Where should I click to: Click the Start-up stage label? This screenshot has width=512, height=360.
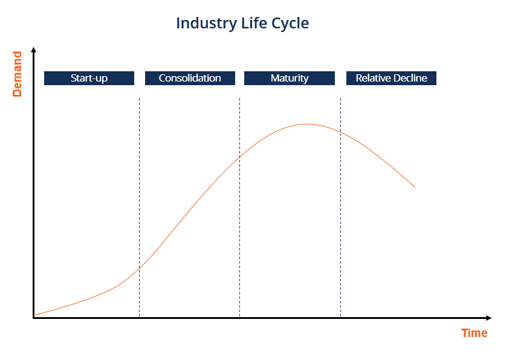coord(89,78)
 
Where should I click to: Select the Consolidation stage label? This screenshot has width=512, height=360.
coord(190,78)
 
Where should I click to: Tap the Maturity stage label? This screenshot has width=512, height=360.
coord(290,78)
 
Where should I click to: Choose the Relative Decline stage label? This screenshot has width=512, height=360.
coord(391,78)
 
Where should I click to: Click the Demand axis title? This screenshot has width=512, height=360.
coord(17,74)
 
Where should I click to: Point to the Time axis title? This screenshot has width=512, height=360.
coord(474,333)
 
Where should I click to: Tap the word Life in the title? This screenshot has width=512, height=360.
coord(251,24)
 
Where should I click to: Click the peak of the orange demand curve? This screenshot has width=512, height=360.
coord(306,124)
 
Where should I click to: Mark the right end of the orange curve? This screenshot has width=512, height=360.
coord(415,187)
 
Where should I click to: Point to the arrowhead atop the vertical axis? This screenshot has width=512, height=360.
coord(34,51)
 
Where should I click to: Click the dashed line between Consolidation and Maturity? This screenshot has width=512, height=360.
coord(239,242)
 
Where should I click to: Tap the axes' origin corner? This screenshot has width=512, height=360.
coord(34,317)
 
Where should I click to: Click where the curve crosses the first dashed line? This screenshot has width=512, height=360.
coord(139,268)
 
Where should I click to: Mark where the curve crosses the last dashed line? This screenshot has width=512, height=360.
coord(340,132)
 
